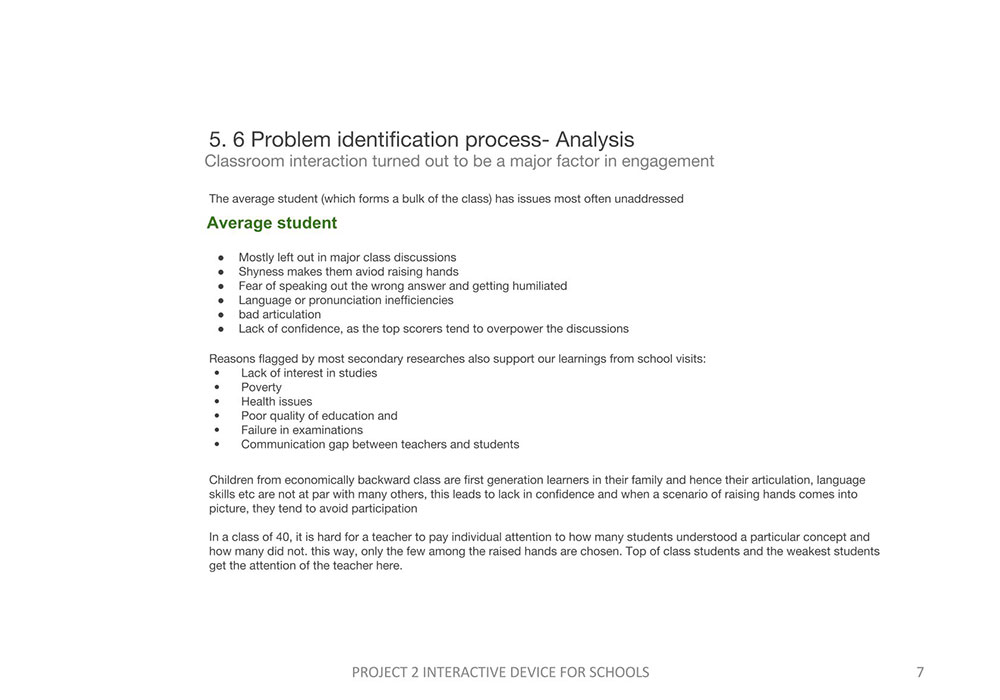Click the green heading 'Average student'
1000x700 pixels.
coord(272,223)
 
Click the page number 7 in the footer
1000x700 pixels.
coord(920,672)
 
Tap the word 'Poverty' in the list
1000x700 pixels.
coord(261,387)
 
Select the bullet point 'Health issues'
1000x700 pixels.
coord(276,401)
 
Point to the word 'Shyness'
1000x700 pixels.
coord(261,271)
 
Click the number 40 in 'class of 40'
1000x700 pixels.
coord(280,537)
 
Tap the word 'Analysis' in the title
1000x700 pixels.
coord(594,139)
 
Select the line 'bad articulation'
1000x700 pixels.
coord(279,314)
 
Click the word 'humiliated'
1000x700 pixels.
coord(539,286)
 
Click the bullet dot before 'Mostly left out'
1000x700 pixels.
coord(221,257)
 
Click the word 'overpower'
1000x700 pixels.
coord(511,328)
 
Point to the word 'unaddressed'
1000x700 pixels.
coord(648,198)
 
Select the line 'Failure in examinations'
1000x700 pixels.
coord(301,430)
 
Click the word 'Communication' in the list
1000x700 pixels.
coord(284,444)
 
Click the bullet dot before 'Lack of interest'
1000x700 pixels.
coord(217,373)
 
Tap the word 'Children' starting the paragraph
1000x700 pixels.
coord(232,480)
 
